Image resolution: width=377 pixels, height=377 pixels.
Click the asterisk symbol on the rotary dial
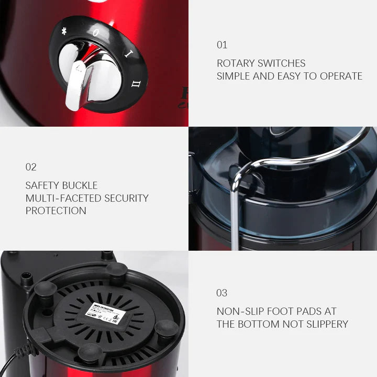point(64,31)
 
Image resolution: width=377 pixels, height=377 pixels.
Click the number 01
point(222,45)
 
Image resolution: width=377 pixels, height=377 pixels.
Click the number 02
point(31,167)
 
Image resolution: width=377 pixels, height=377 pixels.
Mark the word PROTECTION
point(56,210)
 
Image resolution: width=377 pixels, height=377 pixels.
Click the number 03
point(222,293)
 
